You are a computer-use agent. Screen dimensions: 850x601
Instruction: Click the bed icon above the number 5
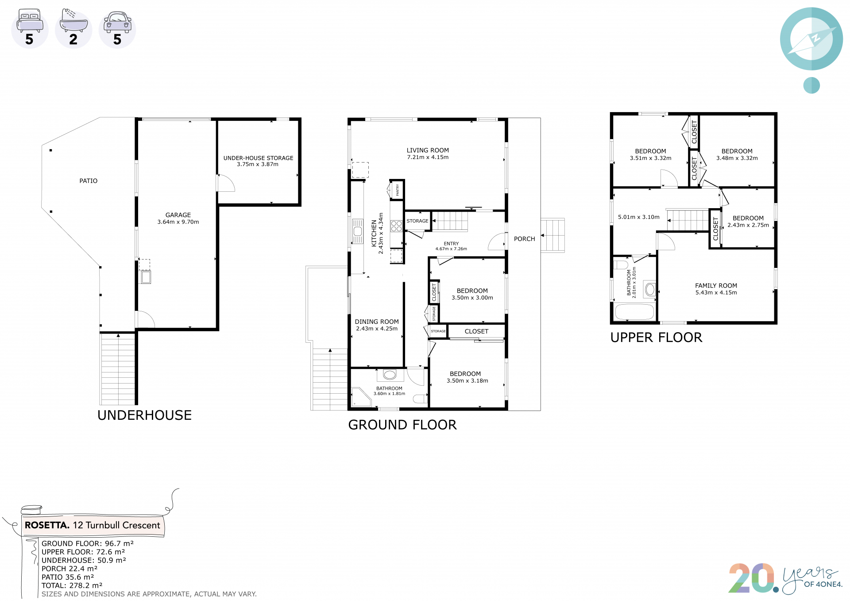[x=30, y=20]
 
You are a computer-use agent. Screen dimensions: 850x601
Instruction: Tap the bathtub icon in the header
[x=73, y=20]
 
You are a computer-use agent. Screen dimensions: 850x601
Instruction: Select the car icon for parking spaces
[x=117, y=22]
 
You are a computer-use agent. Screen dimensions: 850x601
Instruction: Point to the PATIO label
[x=89, y=181]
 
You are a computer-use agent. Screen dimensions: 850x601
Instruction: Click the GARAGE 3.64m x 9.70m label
[x=178, y=218]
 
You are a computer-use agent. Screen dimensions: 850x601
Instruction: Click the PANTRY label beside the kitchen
[x=398, y=190]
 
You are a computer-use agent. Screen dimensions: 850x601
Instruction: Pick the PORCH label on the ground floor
[x=525, y=239]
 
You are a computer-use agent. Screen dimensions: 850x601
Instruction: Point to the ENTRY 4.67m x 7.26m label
[x=451, y=246]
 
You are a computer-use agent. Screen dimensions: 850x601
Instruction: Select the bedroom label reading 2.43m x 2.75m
[x=748, y=221]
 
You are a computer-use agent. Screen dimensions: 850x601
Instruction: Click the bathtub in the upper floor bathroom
[x=634, y=312]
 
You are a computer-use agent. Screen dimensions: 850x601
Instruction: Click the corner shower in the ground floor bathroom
[x=361, y=397]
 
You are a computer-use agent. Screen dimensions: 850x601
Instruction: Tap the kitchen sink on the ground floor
[x=358, y=231]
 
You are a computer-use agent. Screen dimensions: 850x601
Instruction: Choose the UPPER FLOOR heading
[x=656, y=337]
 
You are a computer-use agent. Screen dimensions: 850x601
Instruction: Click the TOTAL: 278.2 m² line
[x=72, y=585]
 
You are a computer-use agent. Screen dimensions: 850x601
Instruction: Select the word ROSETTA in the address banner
[x=47, y=525]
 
